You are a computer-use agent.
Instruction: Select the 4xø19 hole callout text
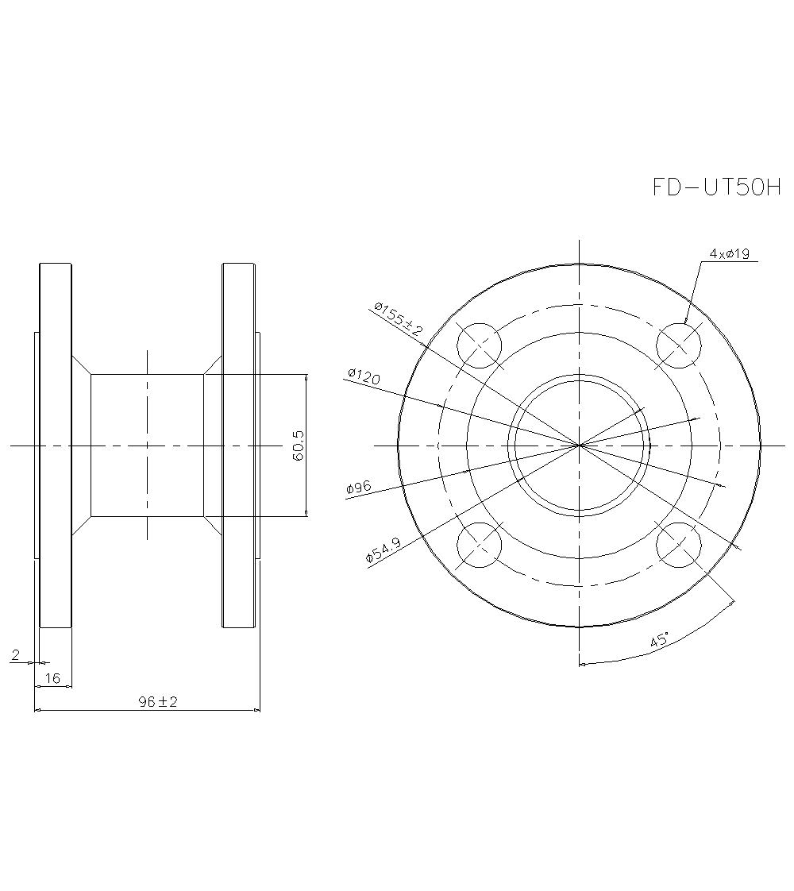730,254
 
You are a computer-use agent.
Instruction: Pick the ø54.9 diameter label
383,550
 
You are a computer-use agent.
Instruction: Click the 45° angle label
659,640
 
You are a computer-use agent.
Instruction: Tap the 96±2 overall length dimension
157,702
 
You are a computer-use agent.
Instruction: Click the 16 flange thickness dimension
53,677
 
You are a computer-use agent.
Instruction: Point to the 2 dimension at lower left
16,654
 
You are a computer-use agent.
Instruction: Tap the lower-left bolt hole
480,546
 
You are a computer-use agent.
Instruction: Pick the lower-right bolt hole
680,546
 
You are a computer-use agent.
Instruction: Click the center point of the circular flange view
580,445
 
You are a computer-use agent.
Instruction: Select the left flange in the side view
55,445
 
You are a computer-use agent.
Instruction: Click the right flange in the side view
238,445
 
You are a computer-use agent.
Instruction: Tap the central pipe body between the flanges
147,445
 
